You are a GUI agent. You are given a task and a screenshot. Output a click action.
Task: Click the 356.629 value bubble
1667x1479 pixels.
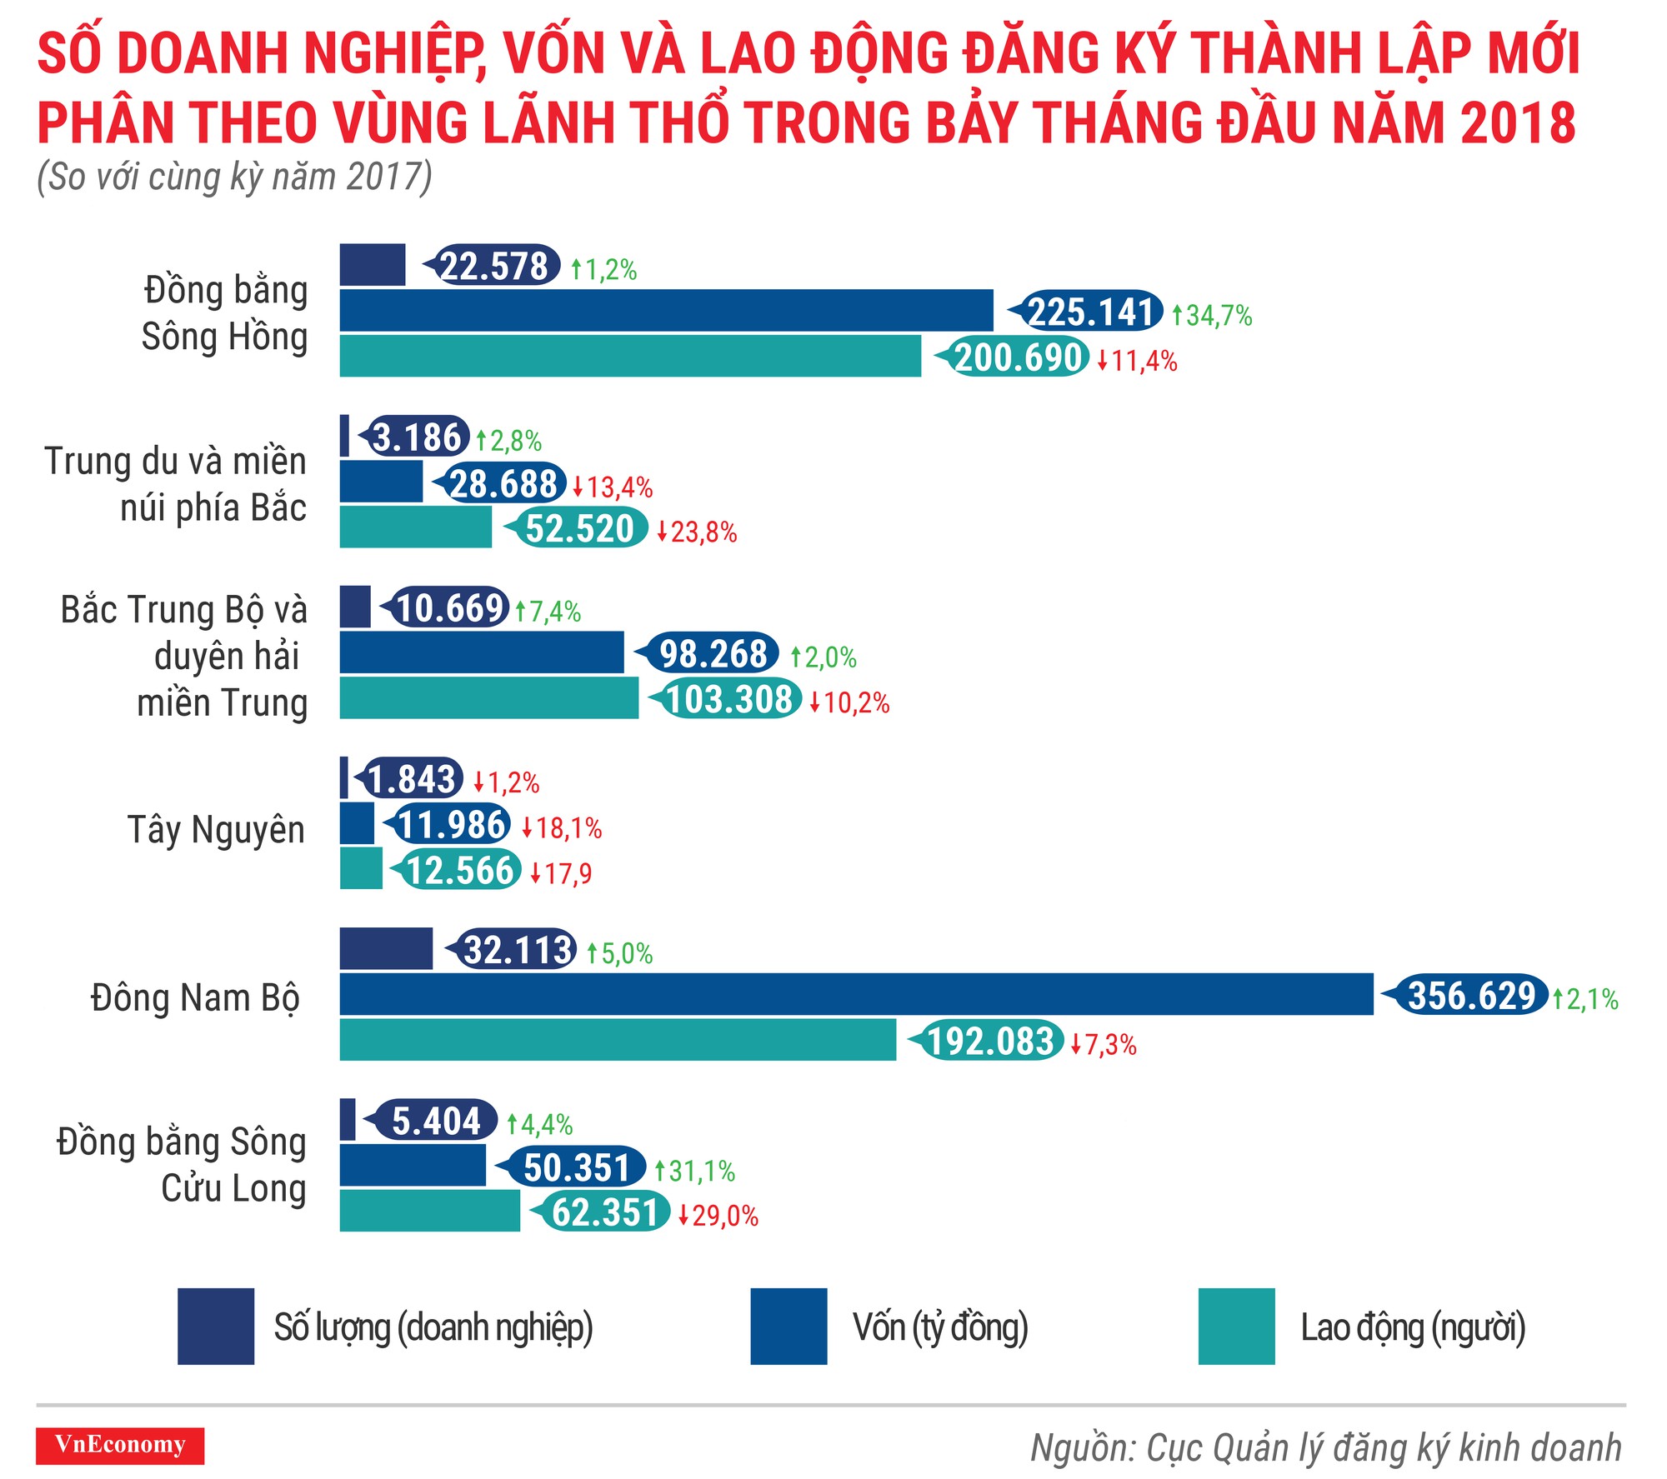point(1471,996)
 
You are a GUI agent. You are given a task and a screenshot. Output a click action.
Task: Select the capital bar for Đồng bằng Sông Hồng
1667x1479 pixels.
point(666,311)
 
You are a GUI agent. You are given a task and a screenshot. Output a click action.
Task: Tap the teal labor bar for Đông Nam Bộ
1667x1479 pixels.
point(618,1040)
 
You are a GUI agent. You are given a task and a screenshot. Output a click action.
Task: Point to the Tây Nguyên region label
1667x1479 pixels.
point(216,830)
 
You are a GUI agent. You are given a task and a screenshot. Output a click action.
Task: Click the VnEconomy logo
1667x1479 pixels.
point(120,1446)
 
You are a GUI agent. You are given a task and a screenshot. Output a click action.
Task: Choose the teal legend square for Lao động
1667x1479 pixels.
point(1236,1327)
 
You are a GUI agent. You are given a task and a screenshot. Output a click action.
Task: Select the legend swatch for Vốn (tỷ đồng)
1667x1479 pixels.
point(788,1327)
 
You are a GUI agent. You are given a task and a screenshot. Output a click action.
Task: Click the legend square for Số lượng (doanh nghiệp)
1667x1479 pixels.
point(216,1327)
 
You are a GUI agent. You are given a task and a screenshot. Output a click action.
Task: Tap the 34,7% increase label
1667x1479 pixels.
point(1214,316)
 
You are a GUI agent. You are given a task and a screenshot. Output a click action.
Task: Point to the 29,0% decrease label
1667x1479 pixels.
point(718,1216)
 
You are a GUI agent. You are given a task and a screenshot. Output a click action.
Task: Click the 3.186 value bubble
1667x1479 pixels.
point(417,437)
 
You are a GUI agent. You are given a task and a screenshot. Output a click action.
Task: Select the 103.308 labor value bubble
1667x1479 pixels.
point(728,698)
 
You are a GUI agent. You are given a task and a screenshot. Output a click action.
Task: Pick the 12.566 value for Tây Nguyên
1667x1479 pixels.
point(459,870)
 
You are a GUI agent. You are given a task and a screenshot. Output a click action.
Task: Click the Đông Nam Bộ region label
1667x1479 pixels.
point(195,998)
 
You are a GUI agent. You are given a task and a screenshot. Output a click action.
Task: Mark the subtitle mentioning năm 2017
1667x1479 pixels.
point(234,177)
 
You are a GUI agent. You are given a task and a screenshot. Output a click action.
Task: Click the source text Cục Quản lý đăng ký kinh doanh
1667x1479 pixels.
point(1326,1448)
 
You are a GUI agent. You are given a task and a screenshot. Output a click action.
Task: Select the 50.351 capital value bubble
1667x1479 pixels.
point(576,1167)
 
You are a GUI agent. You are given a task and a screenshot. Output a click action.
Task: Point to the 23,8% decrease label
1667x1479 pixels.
point(698,532)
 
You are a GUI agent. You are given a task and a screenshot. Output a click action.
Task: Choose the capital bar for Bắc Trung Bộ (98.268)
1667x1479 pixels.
point(482,652)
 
